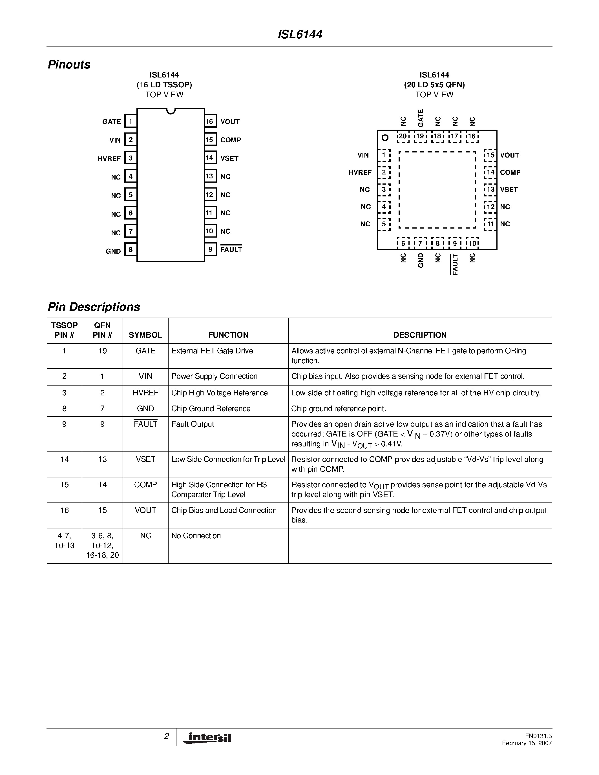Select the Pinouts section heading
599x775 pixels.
[x=69, y=65]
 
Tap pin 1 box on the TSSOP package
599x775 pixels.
[x=131, y=121]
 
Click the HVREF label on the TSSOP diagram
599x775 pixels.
[x=109, y=159]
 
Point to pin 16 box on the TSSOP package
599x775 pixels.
[x=210, y=121]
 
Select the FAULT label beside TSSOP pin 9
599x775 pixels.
[x=231, y=249]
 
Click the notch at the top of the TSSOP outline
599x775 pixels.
[x=171, y=111]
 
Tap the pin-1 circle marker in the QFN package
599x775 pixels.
[x=385, y=138]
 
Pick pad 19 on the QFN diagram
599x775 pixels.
[x=420, y=136]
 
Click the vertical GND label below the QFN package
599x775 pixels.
[x=421, y=260]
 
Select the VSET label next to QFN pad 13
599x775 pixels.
[x=509, y=189]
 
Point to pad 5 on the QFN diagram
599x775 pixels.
[x=384, y=224]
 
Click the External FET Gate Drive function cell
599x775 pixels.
[x=212, y=351]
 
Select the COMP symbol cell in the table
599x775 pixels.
[x=145, y=485]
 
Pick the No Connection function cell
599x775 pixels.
[x=196, y=536]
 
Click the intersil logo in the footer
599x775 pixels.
[x=207, y=738]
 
